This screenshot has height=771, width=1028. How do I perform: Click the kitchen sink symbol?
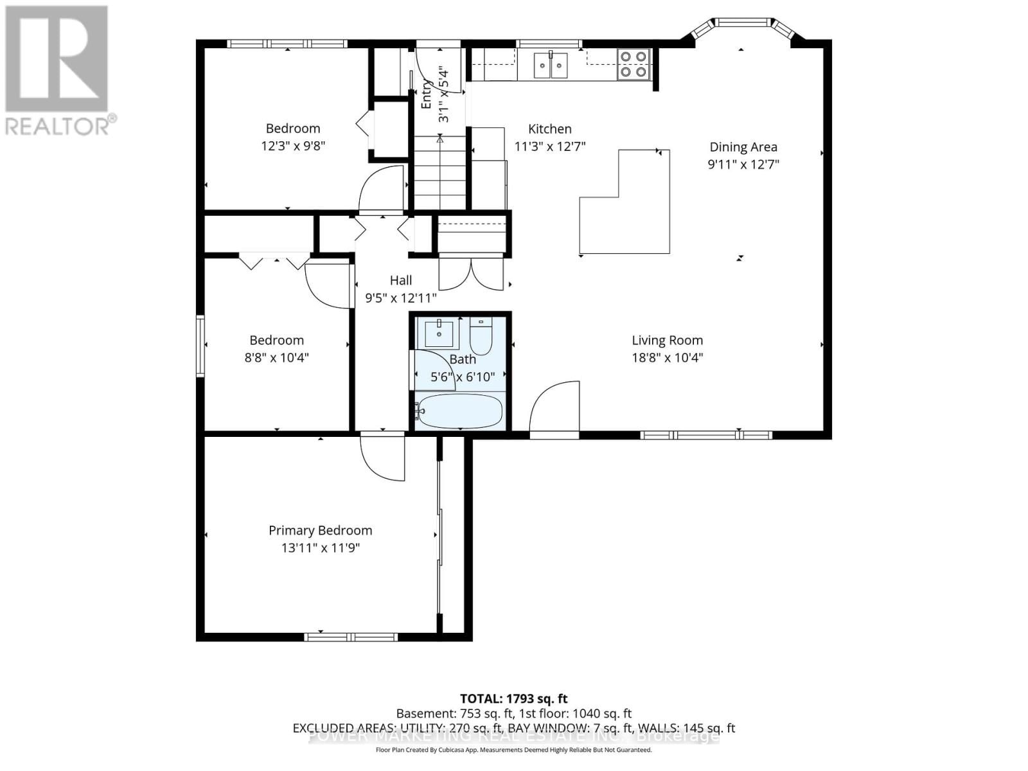click(x=551, y=65)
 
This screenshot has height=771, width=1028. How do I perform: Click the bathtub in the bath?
click(x=459, y=411)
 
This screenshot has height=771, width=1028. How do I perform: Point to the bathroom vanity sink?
click(x=439, y=333)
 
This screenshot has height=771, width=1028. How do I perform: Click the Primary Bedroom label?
click(x=320, y=530)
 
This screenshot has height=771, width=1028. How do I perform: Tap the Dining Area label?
click(x=743, y=146)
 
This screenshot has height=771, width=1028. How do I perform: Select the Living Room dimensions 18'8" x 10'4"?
click(x=667, y=357)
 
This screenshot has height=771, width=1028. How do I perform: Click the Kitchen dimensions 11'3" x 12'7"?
click(x=550, y=146)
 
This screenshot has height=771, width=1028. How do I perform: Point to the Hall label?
click(x=400, y=280)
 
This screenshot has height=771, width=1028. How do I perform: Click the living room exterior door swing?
click(x=555, y=407)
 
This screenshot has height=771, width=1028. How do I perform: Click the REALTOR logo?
click(x=58, y=71)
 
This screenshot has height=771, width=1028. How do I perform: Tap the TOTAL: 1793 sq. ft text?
click(x=513, y=698)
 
